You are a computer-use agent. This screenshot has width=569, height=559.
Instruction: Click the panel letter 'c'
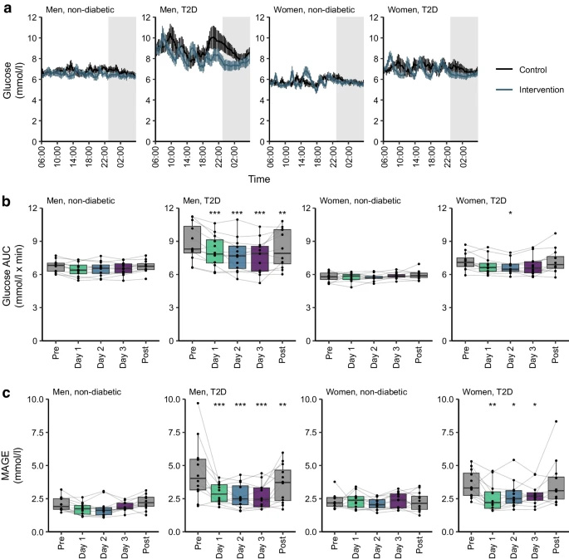pos(6,388)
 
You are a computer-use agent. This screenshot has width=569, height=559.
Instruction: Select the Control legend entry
pos(524,71)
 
